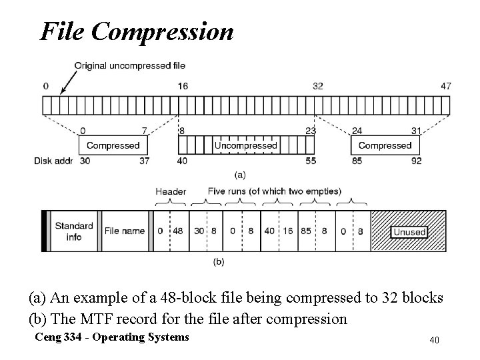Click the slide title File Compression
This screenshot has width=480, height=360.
click(137, 31)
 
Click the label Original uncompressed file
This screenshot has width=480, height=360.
click(129, 65)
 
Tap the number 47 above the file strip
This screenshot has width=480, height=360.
click(446, 86)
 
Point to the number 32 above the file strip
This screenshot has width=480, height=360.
click(318, 86)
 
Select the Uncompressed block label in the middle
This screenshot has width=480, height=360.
click(245, 145)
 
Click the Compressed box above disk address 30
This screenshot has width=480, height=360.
click(113, 145)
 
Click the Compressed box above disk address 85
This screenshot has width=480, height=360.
click(385, 145)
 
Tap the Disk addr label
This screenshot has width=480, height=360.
click(54, 161)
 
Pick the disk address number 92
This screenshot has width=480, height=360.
click(417, 161)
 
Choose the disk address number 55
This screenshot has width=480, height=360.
click(310, 161)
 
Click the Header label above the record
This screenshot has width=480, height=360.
click(171, 191)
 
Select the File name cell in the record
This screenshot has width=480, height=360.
click(124, 231)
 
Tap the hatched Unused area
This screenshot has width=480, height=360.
click(408, 231)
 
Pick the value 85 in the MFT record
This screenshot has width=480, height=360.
click(306, 231)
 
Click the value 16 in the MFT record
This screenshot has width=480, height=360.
click(287, 231)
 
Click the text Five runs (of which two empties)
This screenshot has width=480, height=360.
click(274, 191)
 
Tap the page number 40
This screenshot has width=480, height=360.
click(434, 341)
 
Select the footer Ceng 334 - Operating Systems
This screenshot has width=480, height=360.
click(113, 337)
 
